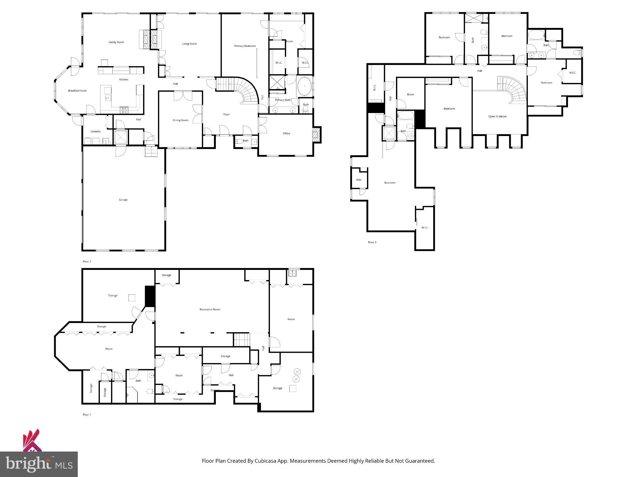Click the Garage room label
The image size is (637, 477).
[x=123, y=200]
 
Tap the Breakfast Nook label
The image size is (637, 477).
[x=77, y=91]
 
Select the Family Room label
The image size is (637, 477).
[x=116, y=42]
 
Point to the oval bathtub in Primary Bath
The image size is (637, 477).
[x=305, y=86]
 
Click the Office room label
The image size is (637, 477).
[x=286, y=134]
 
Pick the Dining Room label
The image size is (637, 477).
[x=180, y=120]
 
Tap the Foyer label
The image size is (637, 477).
[x=226, y=114]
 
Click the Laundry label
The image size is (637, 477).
[x=95, y=131]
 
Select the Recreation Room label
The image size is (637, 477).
[x=210, y=309]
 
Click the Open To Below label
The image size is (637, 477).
[x=497, y=116]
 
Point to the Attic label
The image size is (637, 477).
[x=359, y=180]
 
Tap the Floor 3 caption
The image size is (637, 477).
[x=372, y=242]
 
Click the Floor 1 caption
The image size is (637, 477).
[x=87, y=415]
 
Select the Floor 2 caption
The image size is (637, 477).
[x=87, y=261]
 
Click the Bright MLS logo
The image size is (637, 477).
[x=39, y=464]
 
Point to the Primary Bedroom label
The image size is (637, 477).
[x=245, y=46]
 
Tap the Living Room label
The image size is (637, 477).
[x=189, y=44]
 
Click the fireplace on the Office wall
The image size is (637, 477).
[x=317, y=134]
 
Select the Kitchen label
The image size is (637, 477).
[x=123, y=79]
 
